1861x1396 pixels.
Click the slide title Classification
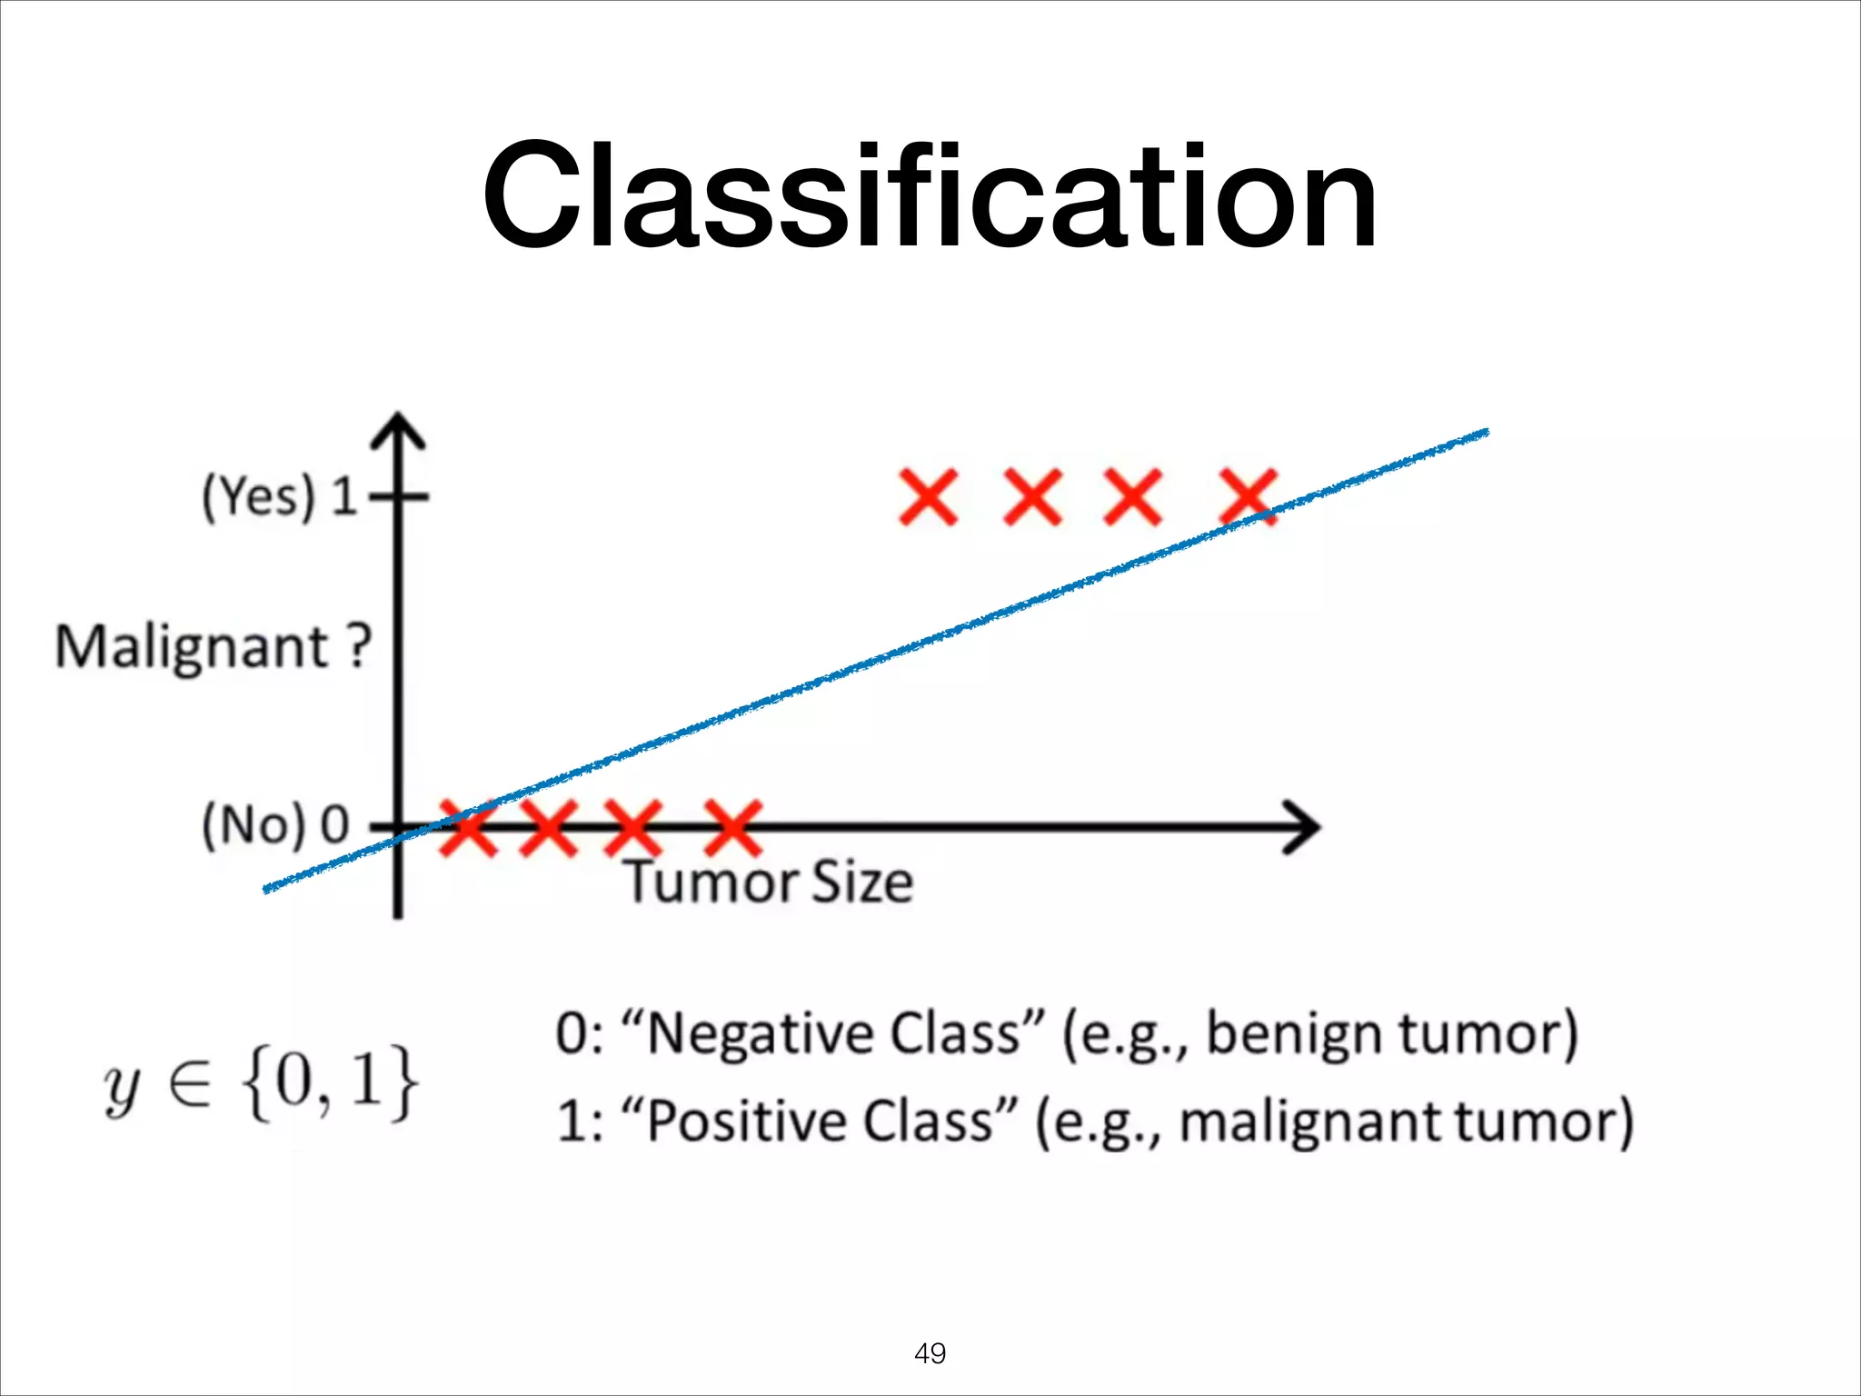(929, 195)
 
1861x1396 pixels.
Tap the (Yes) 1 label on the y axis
(280, 496)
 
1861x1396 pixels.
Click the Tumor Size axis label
(769, 882)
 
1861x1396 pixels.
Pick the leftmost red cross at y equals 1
(928, 497)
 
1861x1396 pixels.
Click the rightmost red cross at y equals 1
(1249, 497)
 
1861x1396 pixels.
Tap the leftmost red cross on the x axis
(468, 827)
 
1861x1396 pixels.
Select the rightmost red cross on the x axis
(733, 827)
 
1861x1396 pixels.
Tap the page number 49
(930, 1353)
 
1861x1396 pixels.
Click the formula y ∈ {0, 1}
(262, 1082)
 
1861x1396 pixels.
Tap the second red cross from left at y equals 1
(1032, 497)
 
